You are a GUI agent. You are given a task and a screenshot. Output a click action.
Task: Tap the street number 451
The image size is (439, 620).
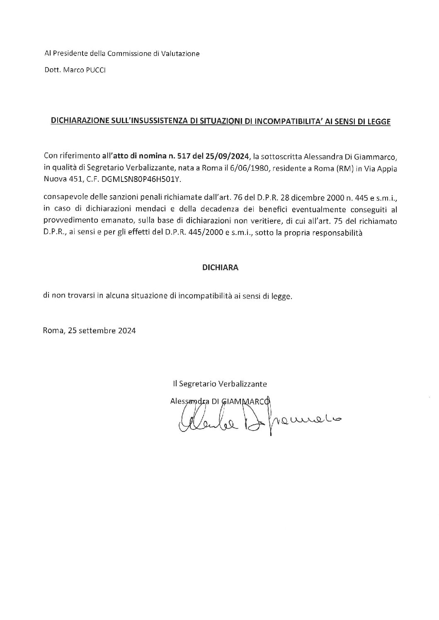click(70, 179)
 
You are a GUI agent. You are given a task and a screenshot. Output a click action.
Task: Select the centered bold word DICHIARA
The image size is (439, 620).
click(220, 268)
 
